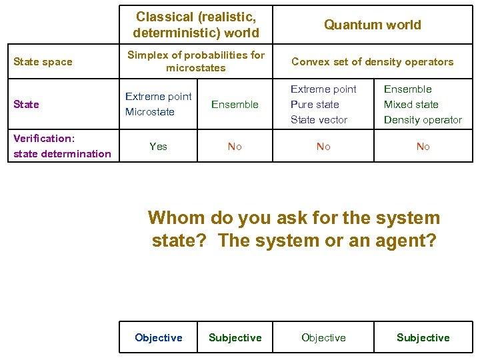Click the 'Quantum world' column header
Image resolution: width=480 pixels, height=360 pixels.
tap(372, 25)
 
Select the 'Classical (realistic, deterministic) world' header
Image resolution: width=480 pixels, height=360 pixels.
tap(196, 24)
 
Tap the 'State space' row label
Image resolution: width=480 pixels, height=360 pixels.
tap(43, 62)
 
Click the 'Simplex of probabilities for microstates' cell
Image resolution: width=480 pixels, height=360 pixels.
tap(196, 61)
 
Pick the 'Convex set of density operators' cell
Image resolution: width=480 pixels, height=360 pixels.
tap(372, 62)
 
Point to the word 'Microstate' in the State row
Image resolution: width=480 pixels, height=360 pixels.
tap(150, 112)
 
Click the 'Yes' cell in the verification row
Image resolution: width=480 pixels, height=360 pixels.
tap(159, 147)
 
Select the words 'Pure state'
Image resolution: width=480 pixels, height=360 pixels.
tap(315, 105)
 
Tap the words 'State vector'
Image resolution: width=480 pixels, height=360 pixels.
tap(319, 120)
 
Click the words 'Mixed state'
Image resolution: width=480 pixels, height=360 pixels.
tap(411, 105)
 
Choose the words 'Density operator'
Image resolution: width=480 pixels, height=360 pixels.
tap(423, 120)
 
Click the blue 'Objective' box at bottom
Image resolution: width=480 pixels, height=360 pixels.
tap(159, 338)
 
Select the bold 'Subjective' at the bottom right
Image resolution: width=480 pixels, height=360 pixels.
tap(423, 338)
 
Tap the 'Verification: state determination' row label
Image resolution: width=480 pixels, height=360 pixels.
tap(62, 146)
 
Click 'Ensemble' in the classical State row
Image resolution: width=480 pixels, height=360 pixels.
tap(235, 105)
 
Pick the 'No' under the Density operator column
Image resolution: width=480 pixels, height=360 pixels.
tap(423, 147)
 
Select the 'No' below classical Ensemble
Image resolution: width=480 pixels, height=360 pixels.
tap(235, 147)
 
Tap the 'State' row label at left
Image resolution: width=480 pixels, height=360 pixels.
tap(27, 105)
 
